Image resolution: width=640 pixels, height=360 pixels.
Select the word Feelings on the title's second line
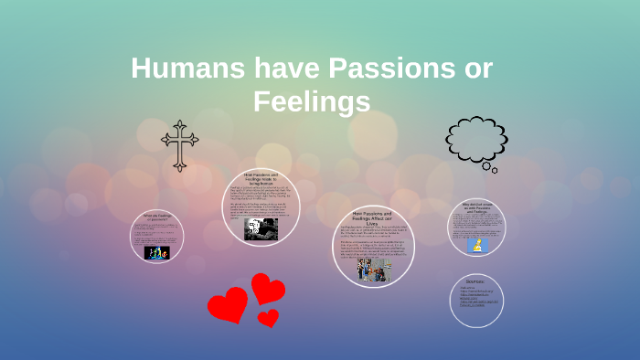pos(312,101)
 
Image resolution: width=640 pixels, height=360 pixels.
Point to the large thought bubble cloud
pos(475,137)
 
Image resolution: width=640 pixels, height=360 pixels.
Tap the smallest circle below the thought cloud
pos(495,170)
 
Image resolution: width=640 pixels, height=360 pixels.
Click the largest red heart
pos(227,304)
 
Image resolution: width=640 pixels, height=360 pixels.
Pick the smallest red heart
pos(268,318)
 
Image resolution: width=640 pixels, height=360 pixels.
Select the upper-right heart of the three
pos(268,289)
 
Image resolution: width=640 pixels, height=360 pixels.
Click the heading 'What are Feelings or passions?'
pos(155,217)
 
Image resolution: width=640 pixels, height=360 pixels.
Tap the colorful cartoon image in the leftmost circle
pos(157,251)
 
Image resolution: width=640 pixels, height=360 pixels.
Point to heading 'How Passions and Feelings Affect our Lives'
pos(372,217)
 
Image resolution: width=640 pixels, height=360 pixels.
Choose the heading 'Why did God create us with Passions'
pos(476,206)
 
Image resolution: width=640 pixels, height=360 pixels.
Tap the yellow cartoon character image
pos(476,245)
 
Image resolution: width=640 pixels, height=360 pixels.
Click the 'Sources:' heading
pos(475,282)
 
